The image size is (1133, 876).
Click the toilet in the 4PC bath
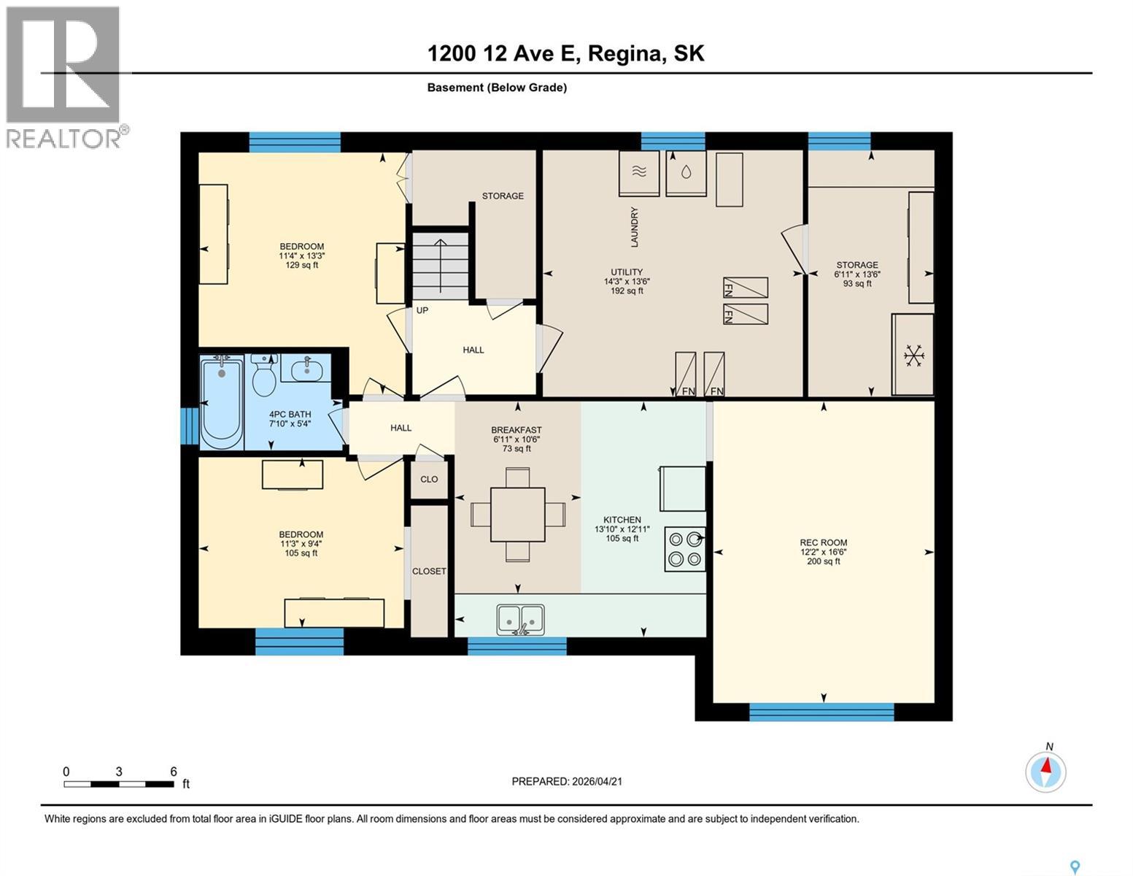click(x=263, y=377)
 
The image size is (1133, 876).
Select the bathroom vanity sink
click(x=306, y=370)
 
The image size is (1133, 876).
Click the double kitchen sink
click(x=521, y=619)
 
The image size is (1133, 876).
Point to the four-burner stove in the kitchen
click(x=685, y=549)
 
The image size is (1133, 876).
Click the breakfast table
click(x=518, y=514)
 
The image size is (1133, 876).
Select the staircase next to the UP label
click(x=440, y=266)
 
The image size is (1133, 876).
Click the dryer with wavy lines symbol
click(x=639, y=173)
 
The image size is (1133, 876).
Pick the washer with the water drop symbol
click(x=687, y=173)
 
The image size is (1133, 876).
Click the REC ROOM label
click(x=823, y=542)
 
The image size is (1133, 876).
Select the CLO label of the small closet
click(x=429, y=479)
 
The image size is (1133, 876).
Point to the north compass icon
click(x=1046, y=771)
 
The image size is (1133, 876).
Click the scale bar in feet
click(x=119, y=784)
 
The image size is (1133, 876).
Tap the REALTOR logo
click(x=64, y=77)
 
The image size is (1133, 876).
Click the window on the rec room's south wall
click(x=821, y=712)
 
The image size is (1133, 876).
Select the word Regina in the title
click(x=626, y=53)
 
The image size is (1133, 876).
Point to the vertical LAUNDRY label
click(x=635, y=227)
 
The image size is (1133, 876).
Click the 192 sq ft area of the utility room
click(x=627, y=291)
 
